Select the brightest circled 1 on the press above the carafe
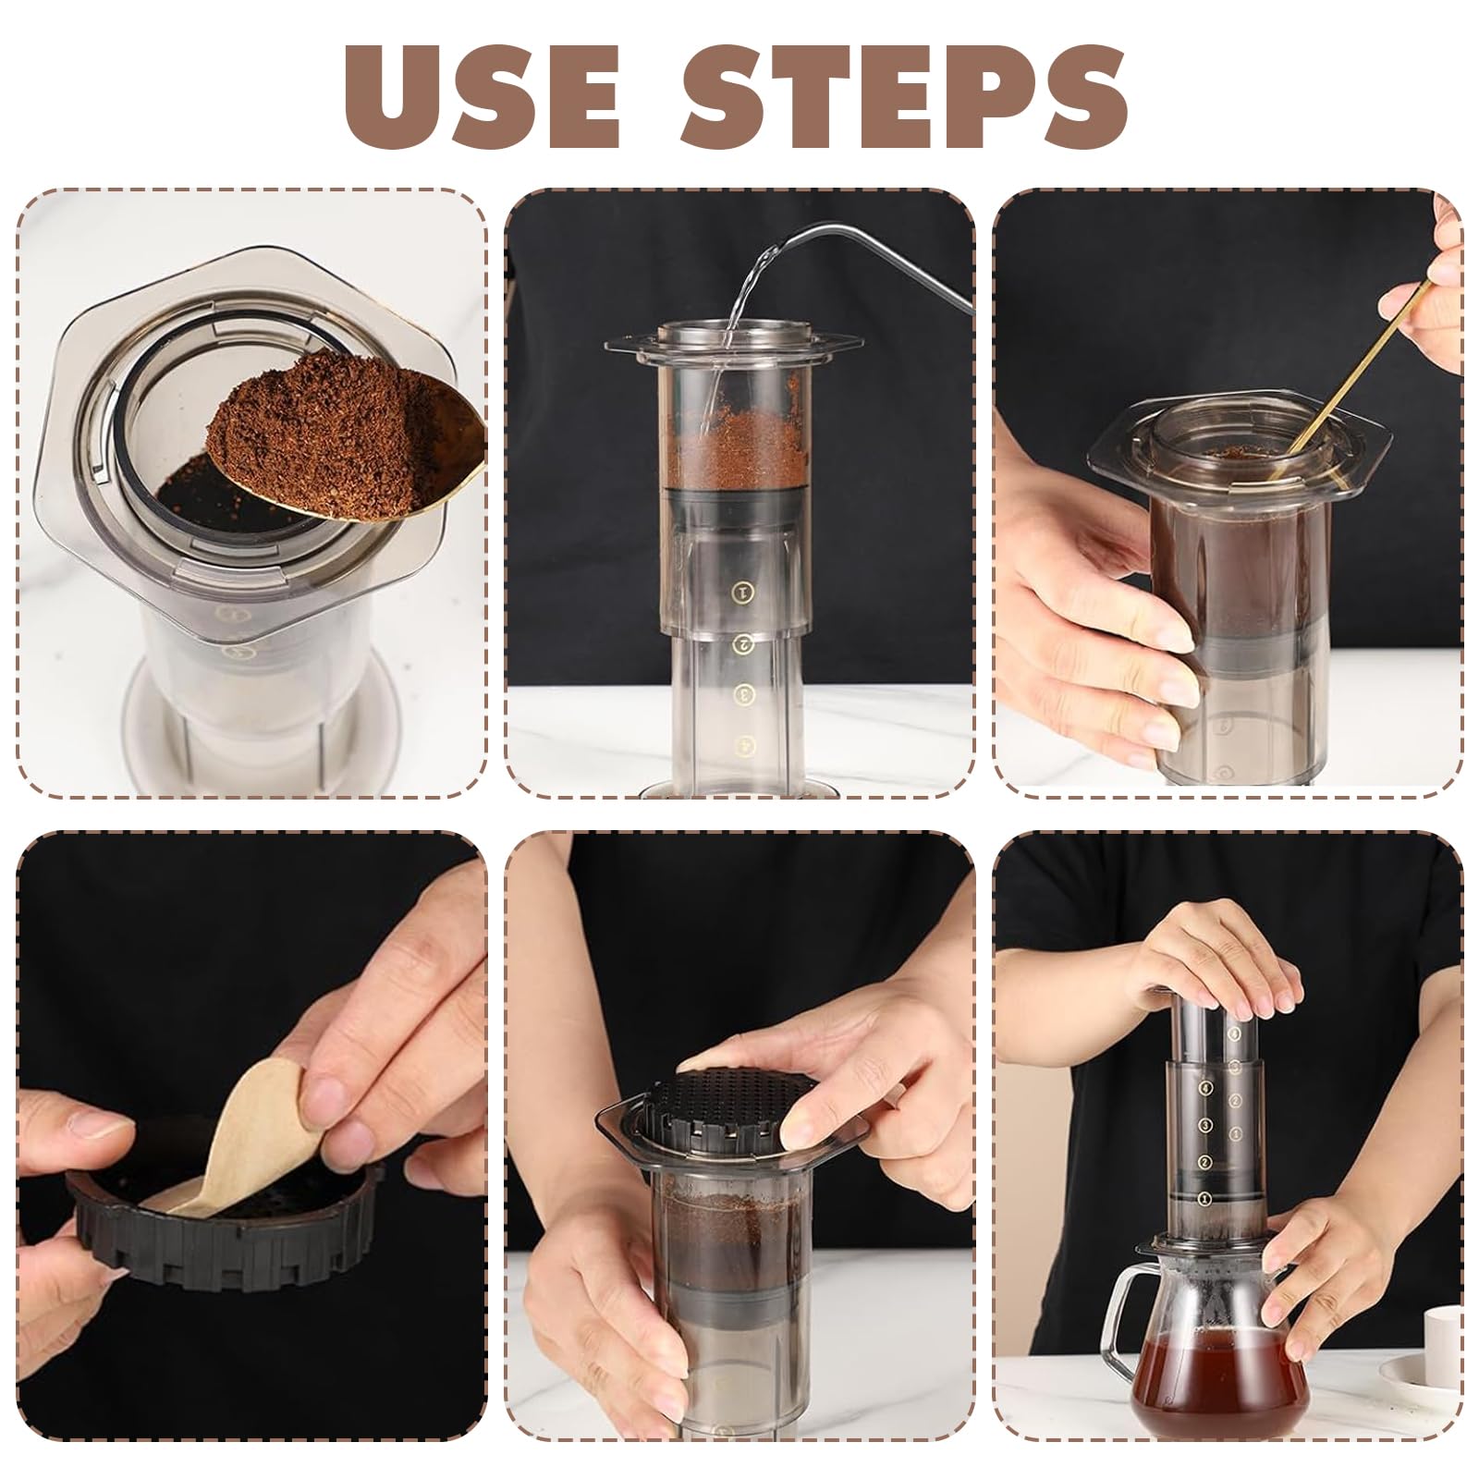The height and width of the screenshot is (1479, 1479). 1204,1198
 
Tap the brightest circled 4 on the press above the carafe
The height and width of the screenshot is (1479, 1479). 1204,1088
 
